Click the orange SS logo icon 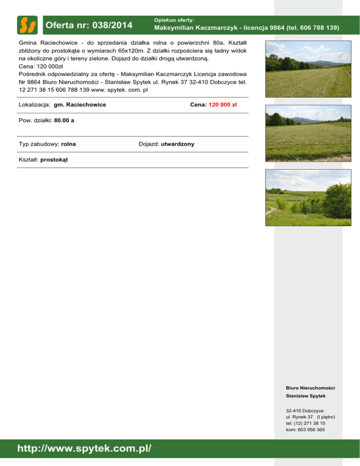point(27,25)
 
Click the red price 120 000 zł point(222,105)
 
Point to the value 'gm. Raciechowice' point(80,105)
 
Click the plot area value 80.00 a point(64,120)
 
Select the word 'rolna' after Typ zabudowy point(68,144)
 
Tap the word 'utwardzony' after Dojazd point(178,144)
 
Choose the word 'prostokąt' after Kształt point(54,160)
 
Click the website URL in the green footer point(84,449)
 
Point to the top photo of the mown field point(307,69)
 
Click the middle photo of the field point(307,133)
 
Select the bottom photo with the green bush point(307,197)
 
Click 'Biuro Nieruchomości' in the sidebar point(310,388)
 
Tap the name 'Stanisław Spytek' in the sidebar point(306,396)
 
